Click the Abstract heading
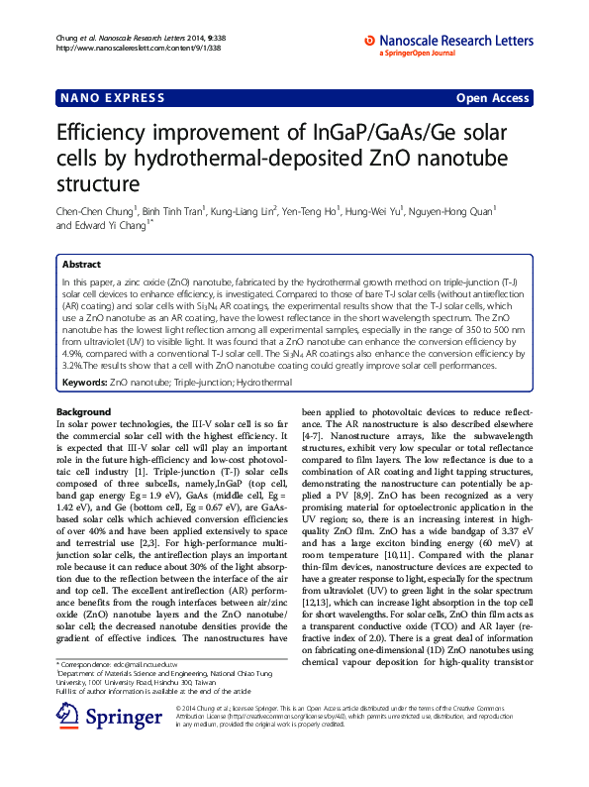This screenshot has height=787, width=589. (81, 265)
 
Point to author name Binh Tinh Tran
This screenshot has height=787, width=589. (172, 211)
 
